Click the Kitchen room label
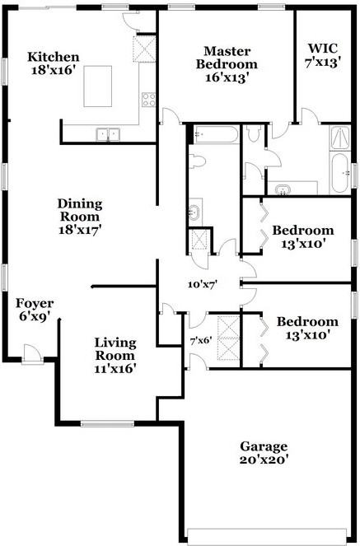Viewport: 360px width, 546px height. click(x=54, y=63)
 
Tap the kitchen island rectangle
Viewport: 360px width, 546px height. click(x=98, y=86)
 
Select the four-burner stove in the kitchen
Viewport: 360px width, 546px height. click(x=148, y=100)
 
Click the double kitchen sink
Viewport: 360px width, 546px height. click(x=108, y=135)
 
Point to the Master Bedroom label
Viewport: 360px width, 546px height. click(x=227, y=64)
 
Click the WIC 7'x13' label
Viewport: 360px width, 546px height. click(x=322, y=55)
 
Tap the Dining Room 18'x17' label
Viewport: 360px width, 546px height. click(x=80, y=217)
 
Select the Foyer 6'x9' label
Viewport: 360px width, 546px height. click(x=34, y=310)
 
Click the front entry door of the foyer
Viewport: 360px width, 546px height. click(x=33, y=354)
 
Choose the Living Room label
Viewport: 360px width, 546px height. click(x=115, y=356)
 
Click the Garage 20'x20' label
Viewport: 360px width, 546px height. click(x=264, y=452)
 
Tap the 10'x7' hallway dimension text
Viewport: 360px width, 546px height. click(x=203, y=284)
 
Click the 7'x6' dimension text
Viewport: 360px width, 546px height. click(x=202, y=340)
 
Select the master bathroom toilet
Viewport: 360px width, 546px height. click(x=253, y=133)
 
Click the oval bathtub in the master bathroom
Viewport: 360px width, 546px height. click(x=339, y=173)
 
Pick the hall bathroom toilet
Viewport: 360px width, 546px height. click(x=198, y=162)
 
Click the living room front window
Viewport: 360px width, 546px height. click(x=107, y=423)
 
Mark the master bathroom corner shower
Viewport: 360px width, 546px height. click(x=340, y=138)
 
